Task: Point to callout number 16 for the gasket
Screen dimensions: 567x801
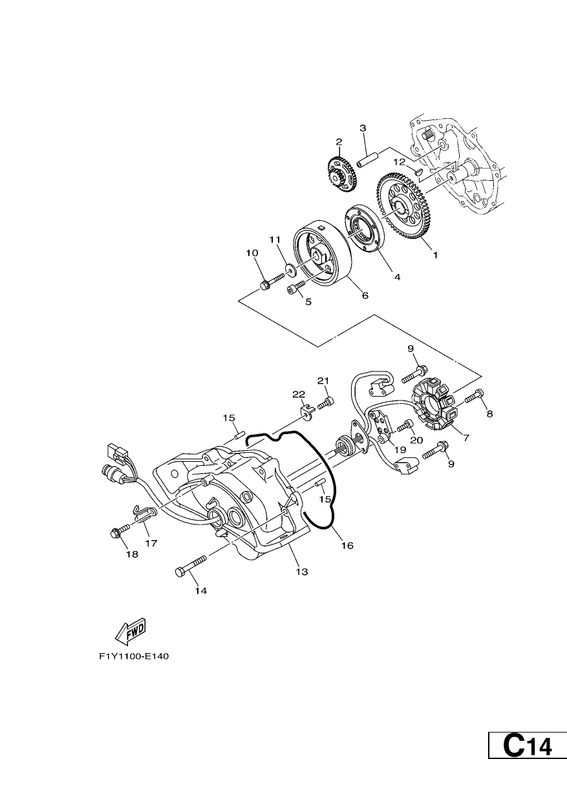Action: tap(347, 556)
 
